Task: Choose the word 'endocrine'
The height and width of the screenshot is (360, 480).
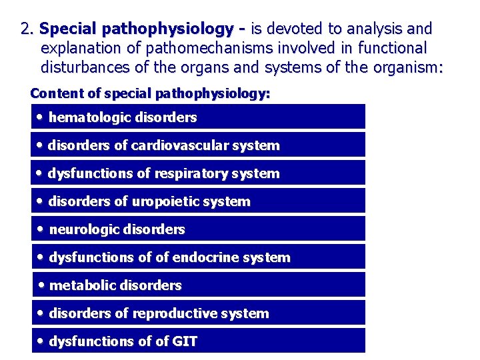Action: [x=207, y=257]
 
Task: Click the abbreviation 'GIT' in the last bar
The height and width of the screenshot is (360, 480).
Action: [x=185, y=341]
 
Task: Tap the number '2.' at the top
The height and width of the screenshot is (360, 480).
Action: [x=27, y=29]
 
